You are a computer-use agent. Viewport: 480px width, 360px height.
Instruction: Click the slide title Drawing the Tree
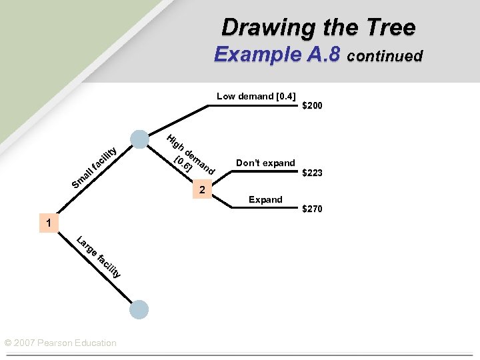coord(318,27)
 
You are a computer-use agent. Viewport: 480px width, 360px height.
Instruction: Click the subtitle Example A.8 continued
coord(318,55)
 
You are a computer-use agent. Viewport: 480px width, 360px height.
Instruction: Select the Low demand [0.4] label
coord(256,96)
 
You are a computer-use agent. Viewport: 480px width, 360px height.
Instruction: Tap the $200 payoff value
coord(313,106)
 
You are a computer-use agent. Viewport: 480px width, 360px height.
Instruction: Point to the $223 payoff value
coord(313,173)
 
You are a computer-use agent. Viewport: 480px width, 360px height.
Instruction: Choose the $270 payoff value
coord(313,209)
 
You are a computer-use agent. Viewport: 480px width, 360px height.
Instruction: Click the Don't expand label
coord(265,163)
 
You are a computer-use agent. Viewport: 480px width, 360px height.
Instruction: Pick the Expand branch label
coord(265,199)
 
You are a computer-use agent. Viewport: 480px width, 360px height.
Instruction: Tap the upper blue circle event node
coord(139,139)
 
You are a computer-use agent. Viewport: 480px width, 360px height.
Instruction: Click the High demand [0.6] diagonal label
coord(190,156)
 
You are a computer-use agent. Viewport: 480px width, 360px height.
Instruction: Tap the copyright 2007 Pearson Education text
coord(60,343)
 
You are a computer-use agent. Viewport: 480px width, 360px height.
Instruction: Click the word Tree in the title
coord(389,27)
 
